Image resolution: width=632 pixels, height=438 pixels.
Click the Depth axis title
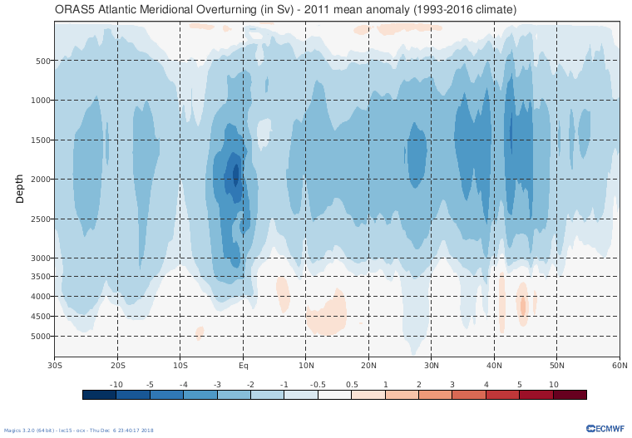click(x=20, y=189)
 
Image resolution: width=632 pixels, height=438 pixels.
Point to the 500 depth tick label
click(x=43, y=61)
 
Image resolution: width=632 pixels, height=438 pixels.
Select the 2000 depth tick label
click(x=42, y=180)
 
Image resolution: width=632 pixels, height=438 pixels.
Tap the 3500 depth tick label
click(x=42, y=277)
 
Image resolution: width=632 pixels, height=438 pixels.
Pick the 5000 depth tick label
click(x=42, y=337)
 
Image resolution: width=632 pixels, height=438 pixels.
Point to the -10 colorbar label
click(x=116, y=384)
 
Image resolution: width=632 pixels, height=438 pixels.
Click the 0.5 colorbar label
click(x=352, y=384)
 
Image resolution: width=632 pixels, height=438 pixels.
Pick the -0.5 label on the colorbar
click(x=318, y=384)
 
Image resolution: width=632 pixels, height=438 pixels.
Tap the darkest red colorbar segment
click(x=570, y=395)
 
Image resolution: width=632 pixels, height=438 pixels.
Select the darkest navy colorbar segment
click(x=99, y=395)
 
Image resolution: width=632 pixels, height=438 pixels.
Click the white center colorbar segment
click(x=334, y=395)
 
